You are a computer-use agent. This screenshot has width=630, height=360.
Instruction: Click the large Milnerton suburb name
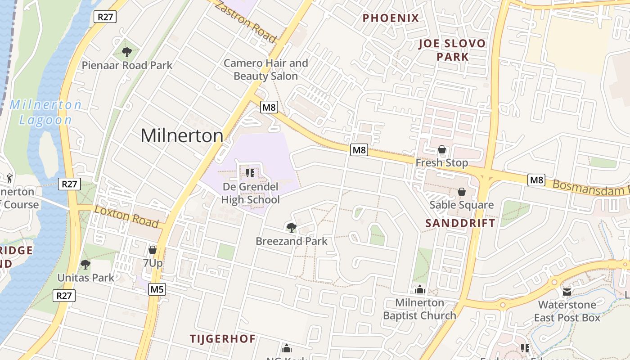(x=182, y=135)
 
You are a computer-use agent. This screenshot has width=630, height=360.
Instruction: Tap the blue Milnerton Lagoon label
(x=45, y=112)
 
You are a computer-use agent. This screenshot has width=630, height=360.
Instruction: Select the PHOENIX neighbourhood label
(x=391, y=18)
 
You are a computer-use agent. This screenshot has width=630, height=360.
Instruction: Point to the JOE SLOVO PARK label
(x=452, y=50)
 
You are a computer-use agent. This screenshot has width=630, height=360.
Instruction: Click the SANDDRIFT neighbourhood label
(x=460, y=223)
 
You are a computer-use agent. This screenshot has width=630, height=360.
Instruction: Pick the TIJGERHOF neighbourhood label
(x=222, y=338)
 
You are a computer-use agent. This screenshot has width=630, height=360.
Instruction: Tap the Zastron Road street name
(x=245, y=21)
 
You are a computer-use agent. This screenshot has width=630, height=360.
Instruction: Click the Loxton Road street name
(x=126, y=216)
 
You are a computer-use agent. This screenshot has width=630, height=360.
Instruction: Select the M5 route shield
(x=157, y=289)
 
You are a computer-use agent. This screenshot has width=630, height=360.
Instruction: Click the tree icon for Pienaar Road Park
(x=126, y=52)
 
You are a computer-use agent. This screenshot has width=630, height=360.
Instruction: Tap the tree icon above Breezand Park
(x=292, y=228)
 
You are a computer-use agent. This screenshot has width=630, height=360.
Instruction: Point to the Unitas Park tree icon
(x=85, y=265)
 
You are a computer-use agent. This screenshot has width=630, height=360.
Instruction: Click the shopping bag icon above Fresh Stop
(x=442, y=149)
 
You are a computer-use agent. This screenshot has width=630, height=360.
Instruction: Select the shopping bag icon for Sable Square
(x=461, y=192)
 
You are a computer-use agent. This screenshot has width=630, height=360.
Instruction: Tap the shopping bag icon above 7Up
(x=153, y=249)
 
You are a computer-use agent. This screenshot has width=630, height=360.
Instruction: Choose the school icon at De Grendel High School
(x=250, y=173)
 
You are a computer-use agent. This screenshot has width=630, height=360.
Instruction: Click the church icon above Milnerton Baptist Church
(x=420, y=289)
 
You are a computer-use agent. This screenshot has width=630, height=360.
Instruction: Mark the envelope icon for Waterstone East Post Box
(x=567, y=292)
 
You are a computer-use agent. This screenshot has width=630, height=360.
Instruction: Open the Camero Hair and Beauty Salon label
(x=265, y=69)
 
